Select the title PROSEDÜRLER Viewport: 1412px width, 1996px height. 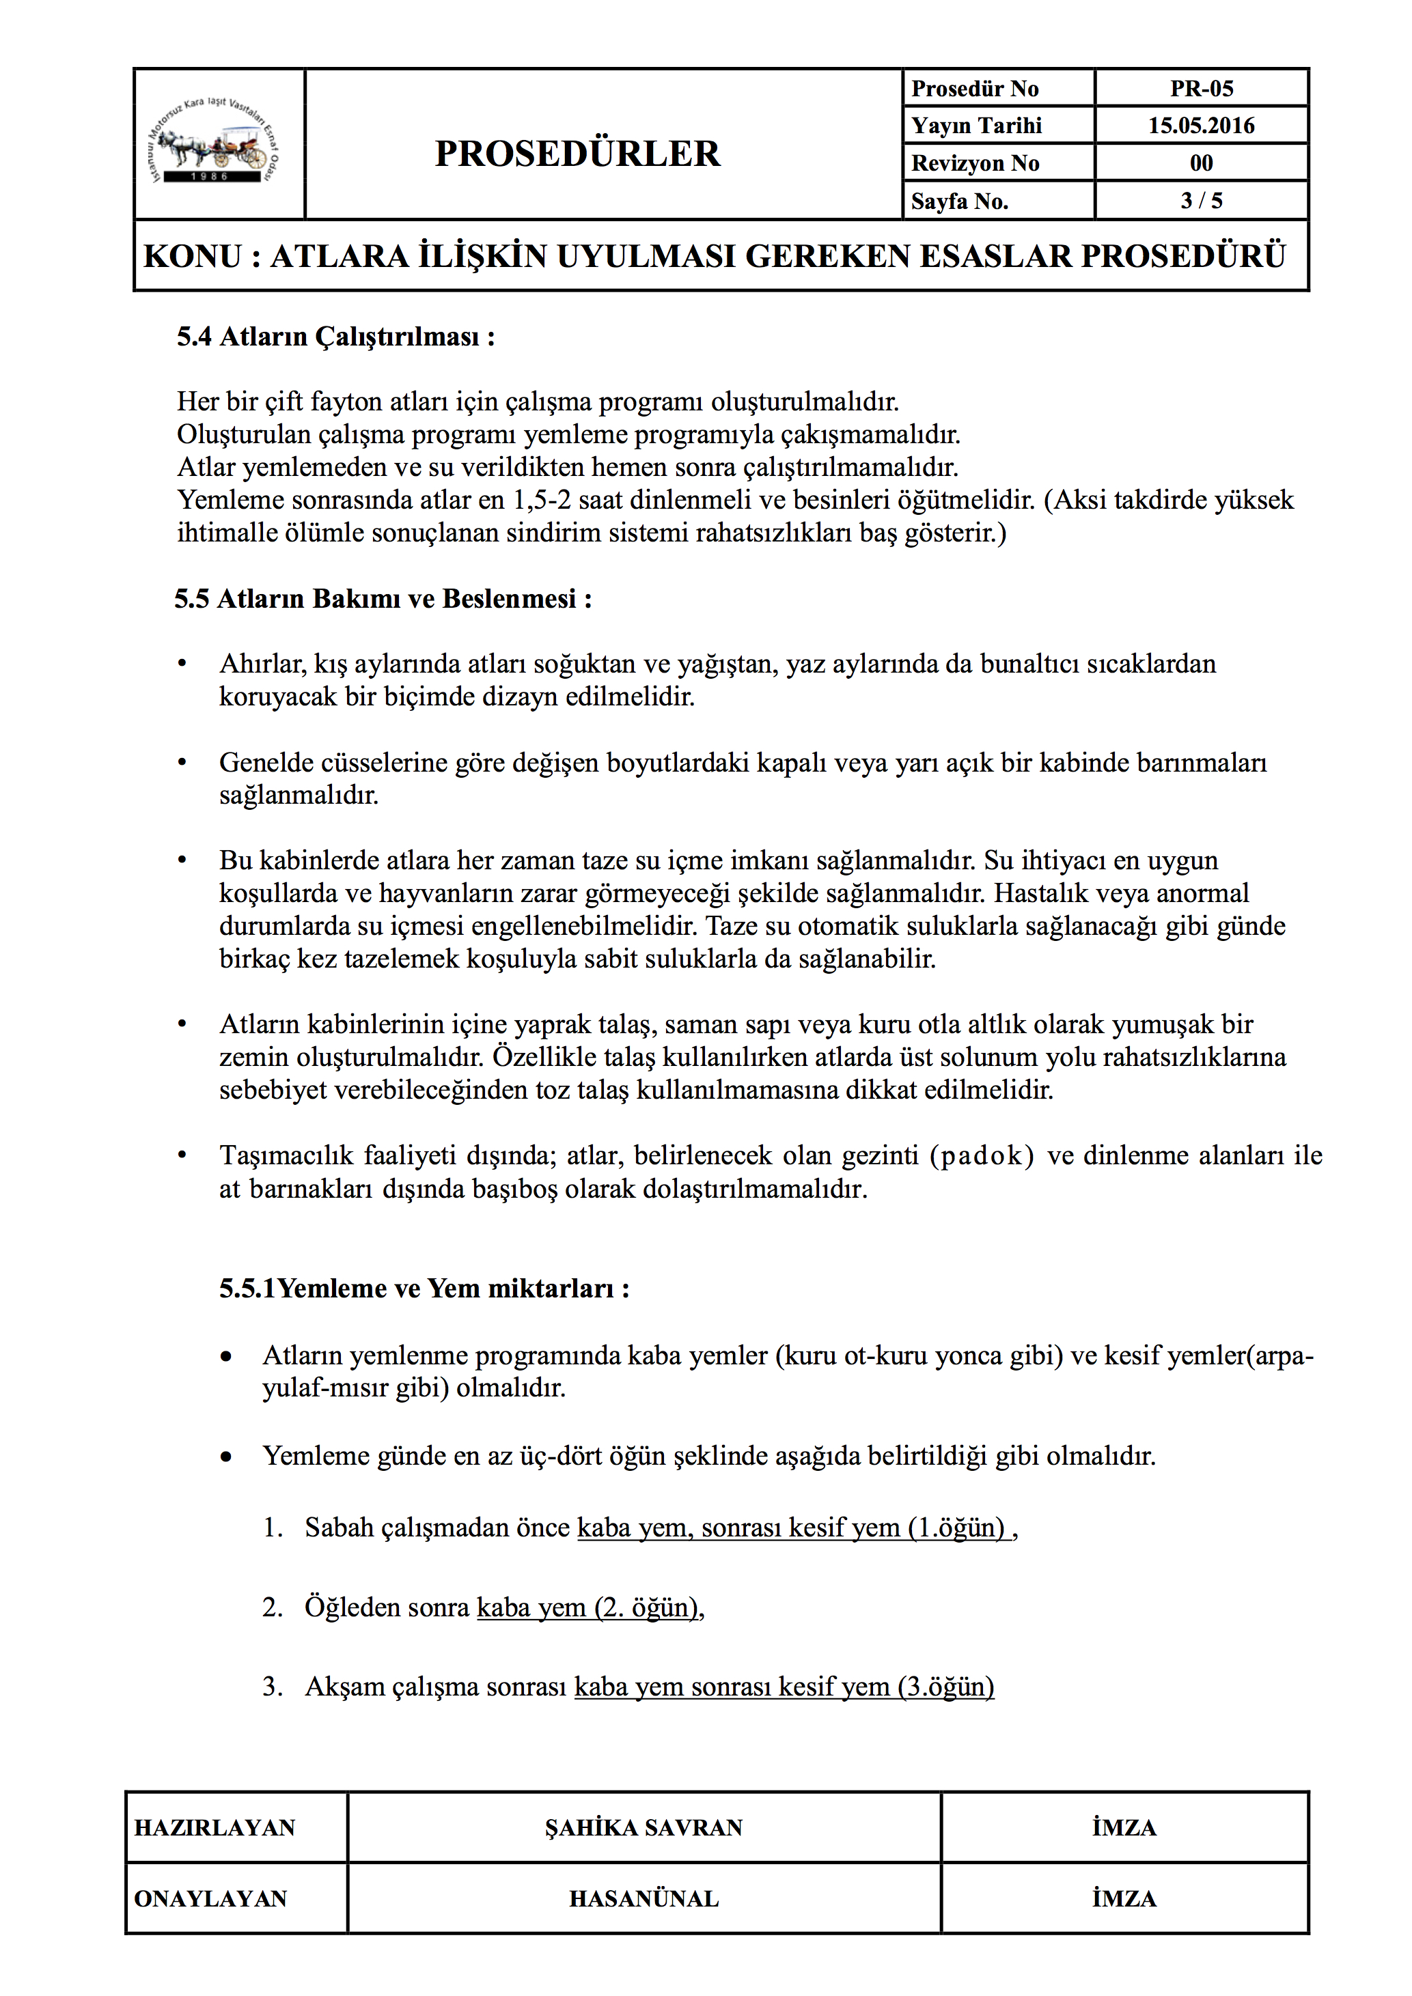(577, 154)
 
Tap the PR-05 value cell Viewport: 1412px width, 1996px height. (1201, 89)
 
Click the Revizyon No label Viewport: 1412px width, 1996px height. (975, 163)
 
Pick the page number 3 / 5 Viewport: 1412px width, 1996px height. (1201, 201)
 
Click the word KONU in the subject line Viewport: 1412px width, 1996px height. (192, 257)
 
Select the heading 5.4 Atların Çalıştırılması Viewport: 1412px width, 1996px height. (335, 337)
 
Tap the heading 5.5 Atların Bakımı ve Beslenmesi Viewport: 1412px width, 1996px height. (383, 598)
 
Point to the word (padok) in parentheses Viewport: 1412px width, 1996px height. (982, 1155)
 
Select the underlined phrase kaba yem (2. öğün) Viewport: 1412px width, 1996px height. (587, 1607)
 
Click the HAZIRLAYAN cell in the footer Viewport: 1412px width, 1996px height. (214, 1827)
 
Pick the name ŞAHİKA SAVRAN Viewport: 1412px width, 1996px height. (643, 1827)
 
